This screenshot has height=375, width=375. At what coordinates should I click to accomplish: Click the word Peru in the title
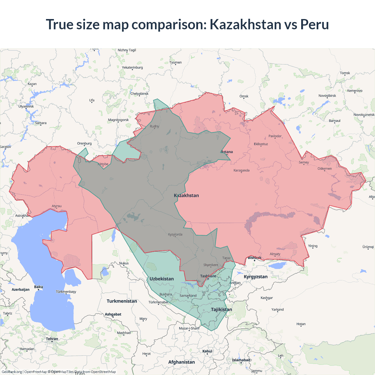coord(314,24)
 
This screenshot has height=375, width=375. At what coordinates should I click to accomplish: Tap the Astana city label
coord(227,152)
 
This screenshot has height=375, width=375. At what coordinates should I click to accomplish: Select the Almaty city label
coord(275,254)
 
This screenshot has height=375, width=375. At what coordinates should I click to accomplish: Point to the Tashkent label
coord(208,276)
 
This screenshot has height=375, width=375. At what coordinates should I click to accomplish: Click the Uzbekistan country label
coord(161,279)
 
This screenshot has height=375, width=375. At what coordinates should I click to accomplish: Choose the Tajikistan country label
coord(221,310)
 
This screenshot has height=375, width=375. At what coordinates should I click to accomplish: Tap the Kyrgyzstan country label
coord(255,277)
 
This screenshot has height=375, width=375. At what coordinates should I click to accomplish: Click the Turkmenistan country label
coord(122,301)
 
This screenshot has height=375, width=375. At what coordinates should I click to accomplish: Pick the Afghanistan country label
coord(181,362)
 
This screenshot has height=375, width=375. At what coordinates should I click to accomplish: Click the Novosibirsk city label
coord(327,96)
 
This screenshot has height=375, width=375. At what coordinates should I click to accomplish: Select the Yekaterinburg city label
coord(132,68)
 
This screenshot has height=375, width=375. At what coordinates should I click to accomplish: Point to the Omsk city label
coord(244,96)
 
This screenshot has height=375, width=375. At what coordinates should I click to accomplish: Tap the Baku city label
coord(38,287)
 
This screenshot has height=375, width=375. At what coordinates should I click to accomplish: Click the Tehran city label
coord(52,339)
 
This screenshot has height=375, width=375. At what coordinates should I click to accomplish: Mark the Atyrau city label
coord(57,206)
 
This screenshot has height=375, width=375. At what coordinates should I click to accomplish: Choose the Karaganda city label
coord(241,171)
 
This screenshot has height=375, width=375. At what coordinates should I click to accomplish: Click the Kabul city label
coord(207,351)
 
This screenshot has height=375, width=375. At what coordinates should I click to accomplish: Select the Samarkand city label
coord(188,296)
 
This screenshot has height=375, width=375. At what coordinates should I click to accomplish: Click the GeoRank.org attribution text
coord(12,372)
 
